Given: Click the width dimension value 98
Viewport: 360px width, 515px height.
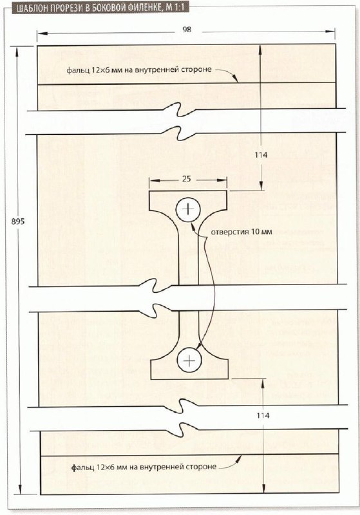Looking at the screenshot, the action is [x=187, y=30].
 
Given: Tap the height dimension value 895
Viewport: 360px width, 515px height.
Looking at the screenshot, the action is [x=18, y=221].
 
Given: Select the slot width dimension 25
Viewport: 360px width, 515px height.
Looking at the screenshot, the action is [x=186, y=179].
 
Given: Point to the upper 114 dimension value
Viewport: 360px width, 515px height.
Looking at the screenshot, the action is [x=261, y=155].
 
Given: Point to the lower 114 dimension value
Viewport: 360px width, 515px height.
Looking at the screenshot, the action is [x=263, y=415].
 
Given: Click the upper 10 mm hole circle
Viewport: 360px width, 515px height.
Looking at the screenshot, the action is [x=188, y=210].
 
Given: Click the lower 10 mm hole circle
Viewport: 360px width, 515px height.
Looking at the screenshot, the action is [x=189, y=360].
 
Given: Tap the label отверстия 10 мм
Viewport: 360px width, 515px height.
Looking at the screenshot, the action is [x=242, y=232].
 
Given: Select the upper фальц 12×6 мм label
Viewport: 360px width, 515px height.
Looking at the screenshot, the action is [x=139, y=70].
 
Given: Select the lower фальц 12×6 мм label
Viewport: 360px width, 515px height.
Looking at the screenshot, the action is [x=144, y=467].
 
